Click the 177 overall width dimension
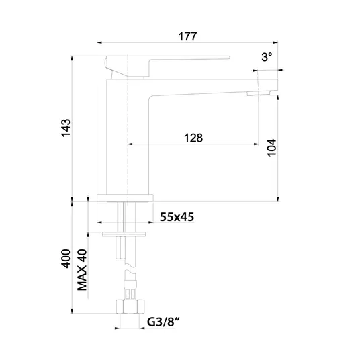[187, 36]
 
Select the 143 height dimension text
[66, 128]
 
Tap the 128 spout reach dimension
[193, 138]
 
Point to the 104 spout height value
[271, 148]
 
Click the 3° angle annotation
[267, 56]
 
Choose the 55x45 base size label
[177, 217]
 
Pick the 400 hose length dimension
[66, 259]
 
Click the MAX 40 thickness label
[82, 270]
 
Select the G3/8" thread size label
[163, 322]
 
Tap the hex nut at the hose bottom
[130, 306]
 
